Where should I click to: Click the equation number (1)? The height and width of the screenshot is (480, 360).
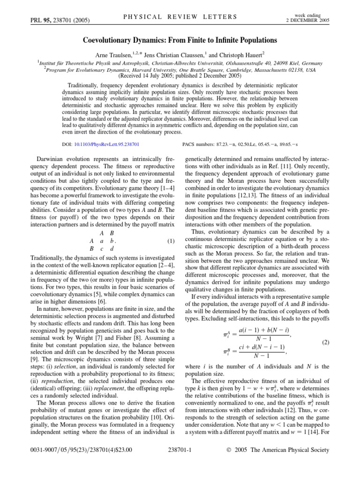(x=171, y=241)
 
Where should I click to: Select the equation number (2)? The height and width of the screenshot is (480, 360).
(x=324, y=343)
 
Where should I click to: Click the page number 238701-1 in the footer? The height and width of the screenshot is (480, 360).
(x=180, y=463)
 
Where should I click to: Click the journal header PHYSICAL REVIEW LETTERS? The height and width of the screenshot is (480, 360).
(x=180, y=17)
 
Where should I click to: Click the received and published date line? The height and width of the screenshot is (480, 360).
(x=180, y=75)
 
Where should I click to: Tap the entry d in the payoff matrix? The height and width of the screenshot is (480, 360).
(x=112, y=249)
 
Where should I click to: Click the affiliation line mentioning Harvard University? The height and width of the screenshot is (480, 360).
(x=180, y=69)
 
